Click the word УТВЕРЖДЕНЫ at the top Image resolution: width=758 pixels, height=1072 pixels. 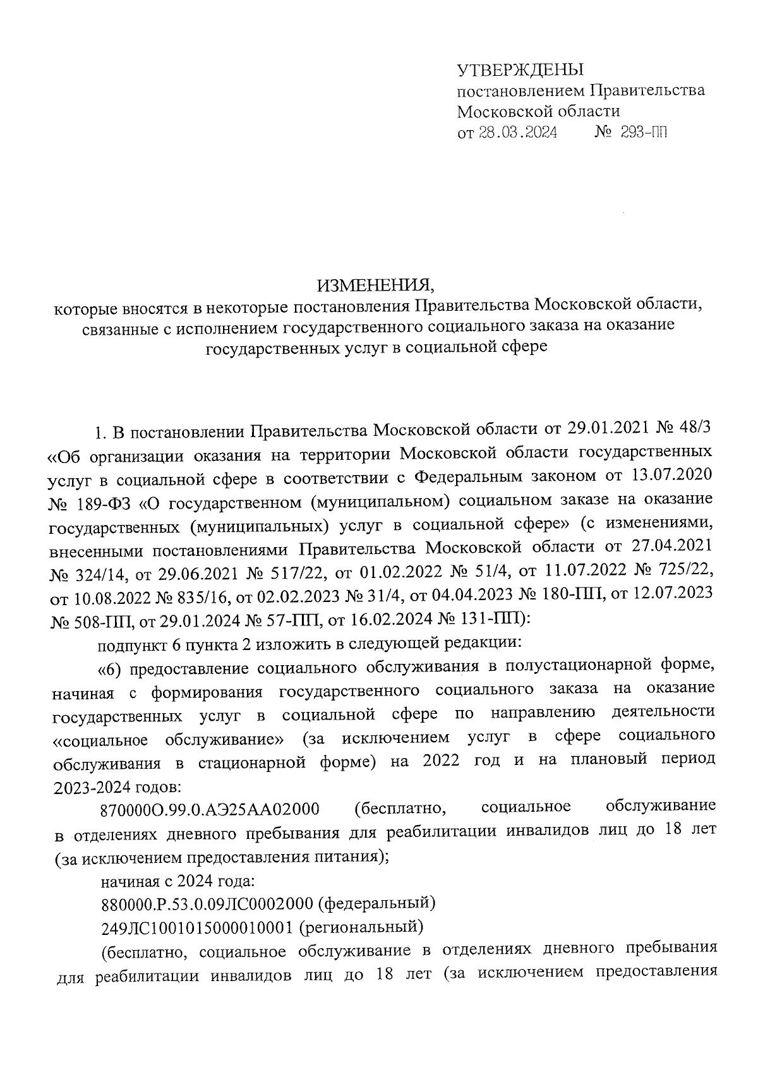[x=520, y=69]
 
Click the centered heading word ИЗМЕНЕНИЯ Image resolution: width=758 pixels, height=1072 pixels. [x=376, y=285]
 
